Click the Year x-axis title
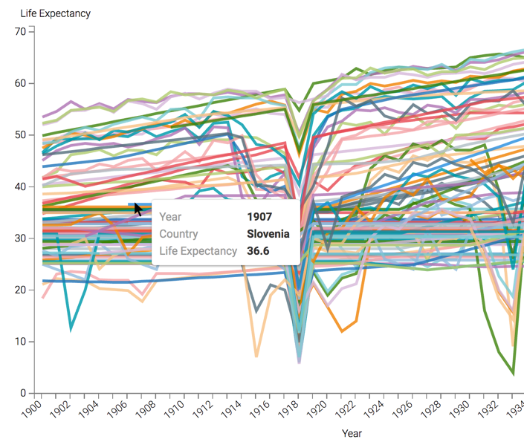click(x=352, y=432)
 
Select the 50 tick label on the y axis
click(x=21, y=134)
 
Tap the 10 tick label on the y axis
click(x=21, y=341)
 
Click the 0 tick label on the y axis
click(x=24, y=393)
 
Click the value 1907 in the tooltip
click(x=259, y=217)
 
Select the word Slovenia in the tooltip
click(x=268, y=234)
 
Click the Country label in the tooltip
click(x=178, y=234)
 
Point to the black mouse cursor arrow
click(x=138, y=209)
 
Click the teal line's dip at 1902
click(x=71, y=328)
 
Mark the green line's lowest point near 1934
click(x=513, y=373)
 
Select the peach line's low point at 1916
click(x=257, y=357)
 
